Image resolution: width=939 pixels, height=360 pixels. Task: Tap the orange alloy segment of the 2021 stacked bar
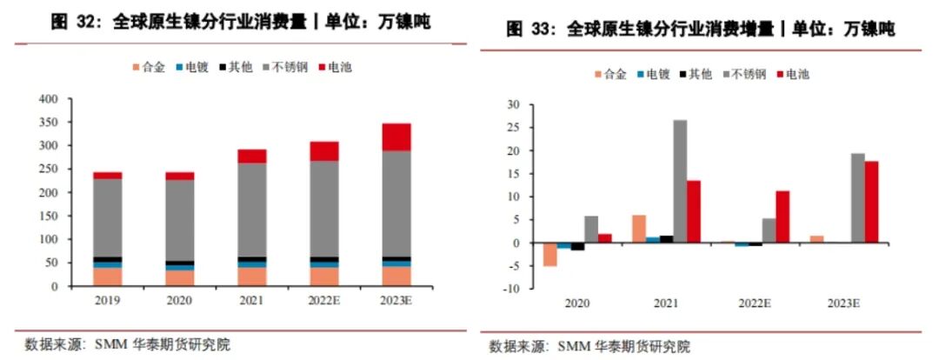click(252, 276)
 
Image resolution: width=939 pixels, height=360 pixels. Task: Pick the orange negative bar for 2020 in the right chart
click(549, 254)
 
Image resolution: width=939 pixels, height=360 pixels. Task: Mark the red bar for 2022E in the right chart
click(782, 217)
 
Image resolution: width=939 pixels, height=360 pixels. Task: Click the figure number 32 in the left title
click(86, 23)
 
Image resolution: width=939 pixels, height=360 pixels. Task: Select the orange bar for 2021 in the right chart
click(640, 229)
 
